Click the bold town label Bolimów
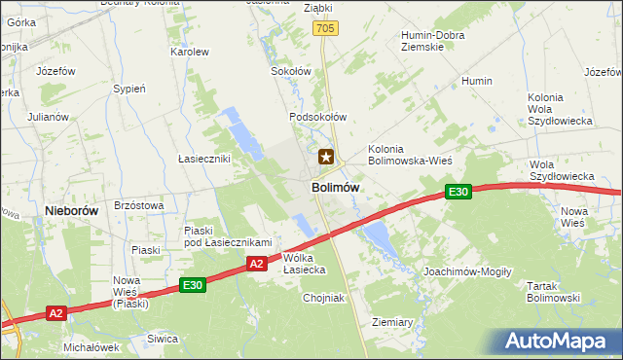tap(336, 187)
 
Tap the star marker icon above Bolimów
tap(327, 156)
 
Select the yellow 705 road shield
tap(325, 31)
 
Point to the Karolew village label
tap(190, 52)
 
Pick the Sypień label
tap(129, 89)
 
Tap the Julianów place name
tap(48, 117)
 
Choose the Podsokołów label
tap(317, 117)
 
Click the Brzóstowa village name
tap(138, 205)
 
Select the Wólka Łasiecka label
tap(304, 264)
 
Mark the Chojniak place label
tap(313, 298)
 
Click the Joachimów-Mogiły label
tap(467, 271)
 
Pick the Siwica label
tap(163, 339)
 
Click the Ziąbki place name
tap(317, 8)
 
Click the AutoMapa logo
tap(561, 342)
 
